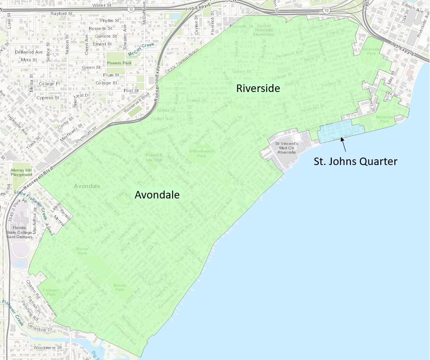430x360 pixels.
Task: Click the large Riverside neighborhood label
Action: click(258, 88)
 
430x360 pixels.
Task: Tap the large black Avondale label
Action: click(157, 195)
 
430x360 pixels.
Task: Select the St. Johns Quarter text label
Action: click(355, 162)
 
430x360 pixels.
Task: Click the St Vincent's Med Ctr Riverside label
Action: click(287, 147)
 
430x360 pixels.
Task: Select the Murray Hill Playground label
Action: click(22, 172)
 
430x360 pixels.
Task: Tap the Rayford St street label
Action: click(62, 14)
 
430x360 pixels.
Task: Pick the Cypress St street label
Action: click(48, 98)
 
